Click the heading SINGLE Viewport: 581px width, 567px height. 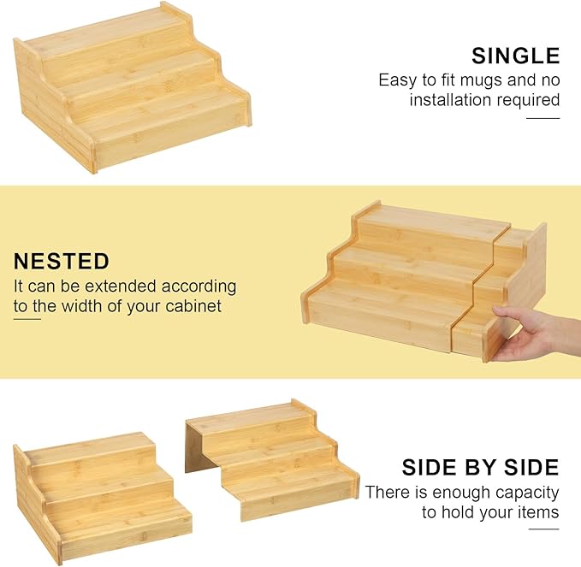tap(515, 56)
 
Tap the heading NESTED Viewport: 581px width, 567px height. tap(62, 261)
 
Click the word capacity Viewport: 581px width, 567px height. tap(527, 493)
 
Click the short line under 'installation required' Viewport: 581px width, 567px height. tap(542, 118)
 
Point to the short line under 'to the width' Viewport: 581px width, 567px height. tap(27, 319)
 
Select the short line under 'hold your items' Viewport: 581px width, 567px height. tap(543, 529)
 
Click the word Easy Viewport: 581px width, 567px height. tap(397, 80)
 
